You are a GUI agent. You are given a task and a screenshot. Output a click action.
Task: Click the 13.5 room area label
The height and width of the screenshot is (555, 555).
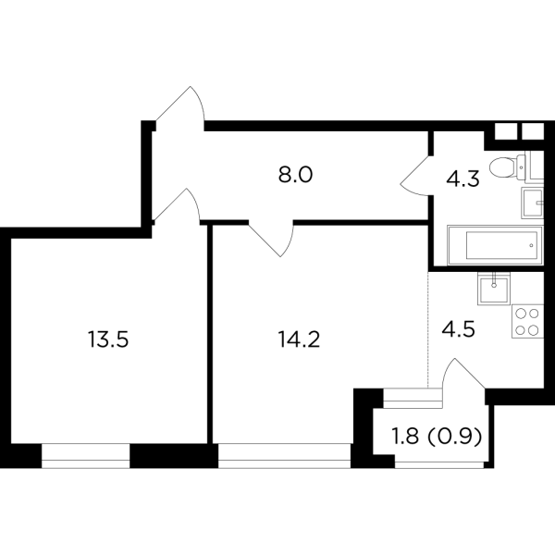click(107, 339)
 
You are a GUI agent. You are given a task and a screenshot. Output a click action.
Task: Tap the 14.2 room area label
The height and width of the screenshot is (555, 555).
click(298, 339)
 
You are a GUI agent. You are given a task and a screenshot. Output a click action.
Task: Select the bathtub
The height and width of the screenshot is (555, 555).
click(492, 247)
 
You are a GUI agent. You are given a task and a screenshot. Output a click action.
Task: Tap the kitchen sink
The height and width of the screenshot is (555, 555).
click(494, 289)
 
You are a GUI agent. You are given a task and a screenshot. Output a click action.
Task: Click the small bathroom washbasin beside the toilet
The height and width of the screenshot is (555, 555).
click(533, 201)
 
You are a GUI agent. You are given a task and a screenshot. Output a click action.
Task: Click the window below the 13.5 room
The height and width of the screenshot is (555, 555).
click(90, 456)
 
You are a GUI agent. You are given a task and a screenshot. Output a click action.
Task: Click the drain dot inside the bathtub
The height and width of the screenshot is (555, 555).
click(530, 247)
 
